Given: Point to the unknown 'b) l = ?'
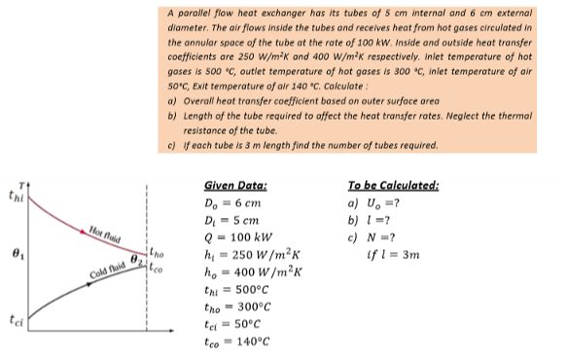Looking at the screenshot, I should click(x=371, y=218).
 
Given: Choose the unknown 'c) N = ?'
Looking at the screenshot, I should click(x=372, y=234).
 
